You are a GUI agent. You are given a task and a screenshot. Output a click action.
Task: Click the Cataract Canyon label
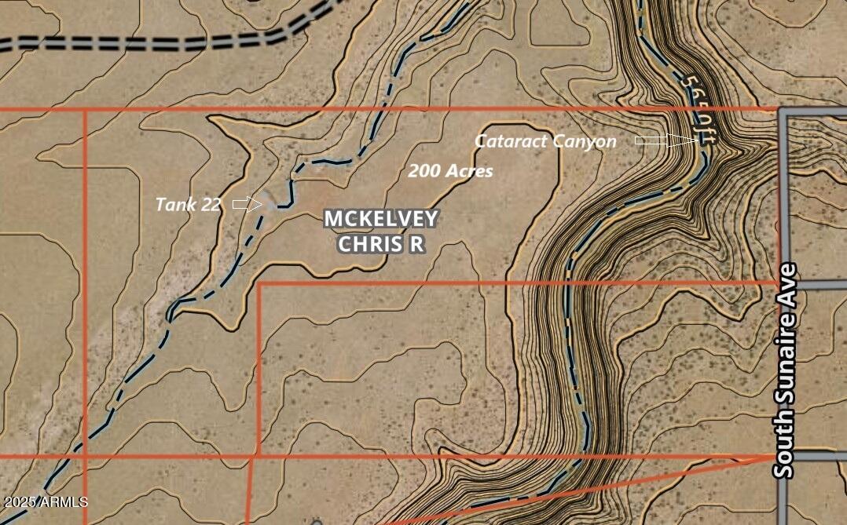tap(545, 141)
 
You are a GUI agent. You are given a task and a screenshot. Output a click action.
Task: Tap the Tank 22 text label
tap(188, 205)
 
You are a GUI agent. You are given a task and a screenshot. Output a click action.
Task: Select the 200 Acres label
tap(450, 170)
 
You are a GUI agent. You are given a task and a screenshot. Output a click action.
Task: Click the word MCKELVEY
tap(382, 219)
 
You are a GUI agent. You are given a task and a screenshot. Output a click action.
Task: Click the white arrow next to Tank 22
tap(247, 204)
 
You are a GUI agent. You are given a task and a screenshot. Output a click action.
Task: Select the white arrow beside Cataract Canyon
tap(665, 140)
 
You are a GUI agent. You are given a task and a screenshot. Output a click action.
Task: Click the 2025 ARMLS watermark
tap(45, 501)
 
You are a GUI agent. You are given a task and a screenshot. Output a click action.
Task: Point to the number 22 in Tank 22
tap(210, 205)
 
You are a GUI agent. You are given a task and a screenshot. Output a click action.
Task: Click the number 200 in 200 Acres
tap(423, 170)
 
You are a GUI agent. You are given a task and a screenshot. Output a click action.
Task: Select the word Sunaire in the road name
tap(784, 370)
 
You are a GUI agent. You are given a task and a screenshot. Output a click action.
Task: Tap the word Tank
tap(175, 205)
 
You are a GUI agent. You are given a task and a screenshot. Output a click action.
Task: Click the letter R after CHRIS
tap(416, 244)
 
